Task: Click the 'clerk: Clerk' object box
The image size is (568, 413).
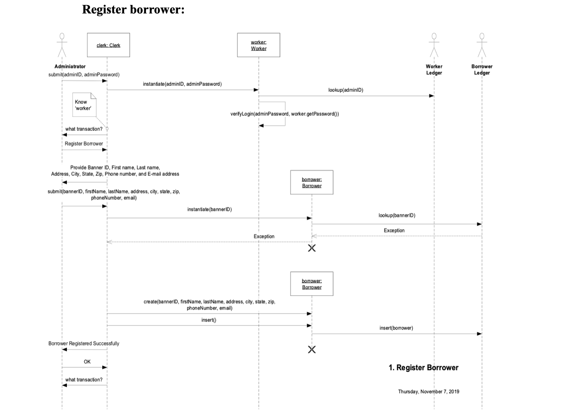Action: [x=108, y=45]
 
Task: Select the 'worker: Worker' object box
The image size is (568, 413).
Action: [x=258, y=45]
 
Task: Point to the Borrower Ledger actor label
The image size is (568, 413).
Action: [x=482, y=69]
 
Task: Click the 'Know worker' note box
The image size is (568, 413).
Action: [x=84, y=105]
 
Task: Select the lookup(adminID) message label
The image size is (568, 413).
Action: [x=345, y=90]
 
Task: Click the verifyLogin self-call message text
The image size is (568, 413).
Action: [x=284, y=114]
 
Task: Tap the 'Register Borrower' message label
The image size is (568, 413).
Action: [x=84, y=144]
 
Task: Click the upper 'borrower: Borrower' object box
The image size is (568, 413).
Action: [x=311, y=182]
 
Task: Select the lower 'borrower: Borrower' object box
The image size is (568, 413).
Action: [x=311, y=283]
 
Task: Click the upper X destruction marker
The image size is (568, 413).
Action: [x=311, y=248]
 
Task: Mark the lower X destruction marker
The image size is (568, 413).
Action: [x=311, y=349]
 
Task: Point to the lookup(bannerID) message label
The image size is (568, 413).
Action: [x=396, y=215]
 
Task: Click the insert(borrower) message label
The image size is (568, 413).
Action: [x=396, y=328]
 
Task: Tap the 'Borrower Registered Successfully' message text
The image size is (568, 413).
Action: [x=84, y=344]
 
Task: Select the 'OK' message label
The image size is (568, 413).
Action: [x=87, y=362]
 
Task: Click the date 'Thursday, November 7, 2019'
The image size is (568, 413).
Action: [x=428, y=392]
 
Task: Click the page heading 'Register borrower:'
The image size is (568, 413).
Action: [x=133, y=9]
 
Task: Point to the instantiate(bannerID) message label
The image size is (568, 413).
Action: [x=209, y=209]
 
